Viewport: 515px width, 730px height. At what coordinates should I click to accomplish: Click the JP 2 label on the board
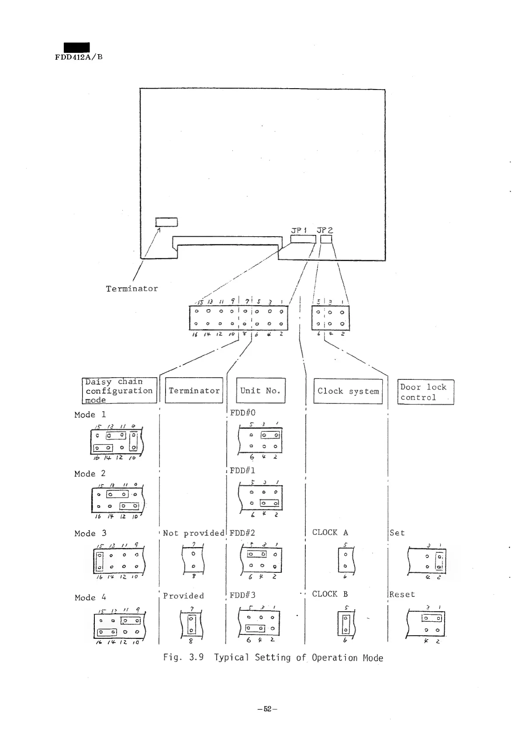click(x=325, y=230)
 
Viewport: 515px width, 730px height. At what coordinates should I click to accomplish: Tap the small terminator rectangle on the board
click(x=166, y=222)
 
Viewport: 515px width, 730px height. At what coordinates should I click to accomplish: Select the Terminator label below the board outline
click(x=131, y=289)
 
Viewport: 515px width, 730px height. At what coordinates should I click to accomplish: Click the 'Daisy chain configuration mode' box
click(x=119, y=390)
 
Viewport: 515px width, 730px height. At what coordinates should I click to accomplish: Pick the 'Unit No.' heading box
click(x=260, y=390)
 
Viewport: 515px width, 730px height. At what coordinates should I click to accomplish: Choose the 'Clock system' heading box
click(x=348, y=391)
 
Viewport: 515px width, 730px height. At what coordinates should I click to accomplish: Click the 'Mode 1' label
click(x=90, y=414)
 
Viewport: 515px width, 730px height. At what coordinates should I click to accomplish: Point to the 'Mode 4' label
click(x=90, y=597)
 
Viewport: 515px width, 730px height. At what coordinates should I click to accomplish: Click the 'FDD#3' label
click(x=242, y=595)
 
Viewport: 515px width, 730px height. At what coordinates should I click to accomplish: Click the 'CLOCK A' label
click(x=330, y=532)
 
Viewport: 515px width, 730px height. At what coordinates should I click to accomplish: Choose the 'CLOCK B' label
click(x=330, y=594)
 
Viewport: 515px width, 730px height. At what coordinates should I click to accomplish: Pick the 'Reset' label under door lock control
click(x=402, y=594)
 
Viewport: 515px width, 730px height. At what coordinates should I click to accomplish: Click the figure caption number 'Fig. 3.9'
click(x=183, y=658)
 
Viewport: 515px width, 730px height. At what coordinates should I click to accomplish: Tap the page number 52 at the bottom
click(x=267, y=709)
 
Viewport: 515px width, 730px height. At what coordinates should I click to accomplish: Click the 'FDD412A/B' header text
click(x=79, y=57)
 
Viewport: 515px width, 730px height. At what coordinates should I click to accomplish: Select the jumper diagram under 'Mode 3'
click(x=118, y=561)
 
